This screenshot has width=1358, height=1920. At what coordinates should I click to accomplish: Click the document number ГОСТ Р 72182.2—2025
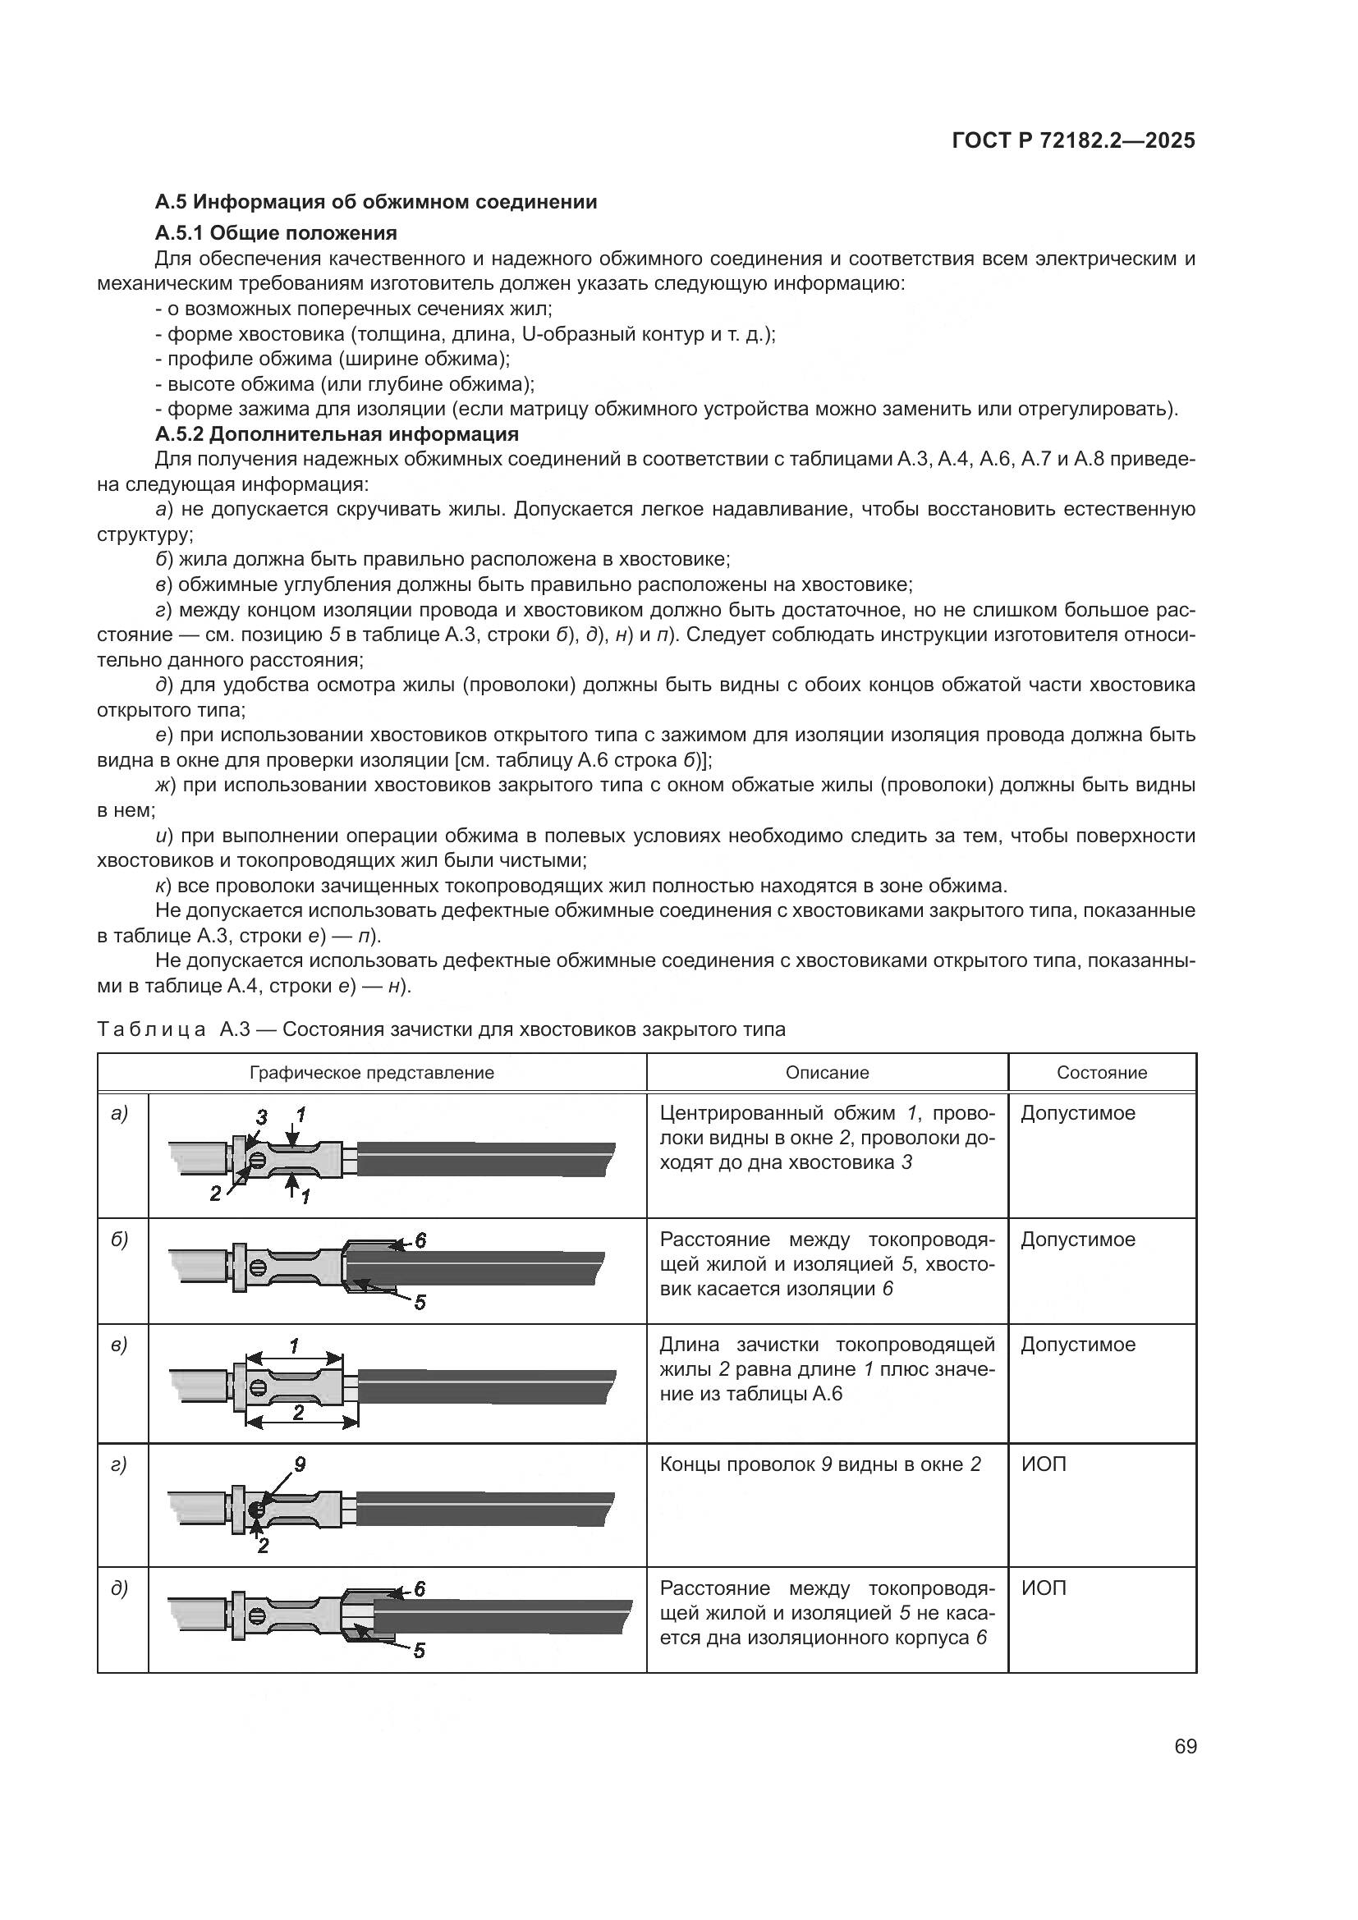[1074, 141]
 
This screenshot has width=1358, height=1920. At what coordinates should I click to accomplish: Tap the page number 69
[1185, 1747]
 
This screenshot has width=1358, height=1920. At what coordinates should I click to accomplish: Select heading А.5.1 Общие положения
[276, 232]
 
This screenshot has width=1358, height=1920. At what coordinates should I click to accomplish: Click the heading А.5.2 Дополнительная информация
[337, 434]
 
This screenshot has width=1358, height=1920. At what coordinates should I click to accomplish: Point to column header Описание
[827, 1073]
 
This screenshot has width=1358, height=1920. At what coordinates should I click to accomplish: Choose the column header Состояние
[1101, 1073]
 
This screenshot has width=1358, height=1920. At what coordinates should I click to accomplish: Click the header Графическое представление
[372, 1073]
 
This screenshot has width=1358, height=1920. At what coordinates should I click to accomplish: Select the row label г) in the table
[119, 1464]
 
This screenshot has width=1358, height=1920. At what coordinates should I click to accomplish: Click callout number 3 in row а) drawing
[261, 1117]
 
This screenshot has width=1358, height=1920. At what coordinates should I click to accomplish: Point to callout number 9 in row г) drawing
[300, 1464]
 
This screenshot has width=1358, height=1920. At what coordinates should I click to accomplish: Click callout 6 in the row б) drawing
[420, 1241]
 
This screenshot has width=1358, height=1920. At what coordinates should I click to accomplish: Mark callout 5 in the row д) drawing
[420, 1651]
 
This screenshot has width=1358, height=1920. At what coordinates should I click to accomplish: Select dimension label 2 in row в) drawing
[298, 1413]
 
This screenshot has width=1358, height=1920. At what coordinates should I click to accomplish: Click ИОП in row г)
[1044, 1465]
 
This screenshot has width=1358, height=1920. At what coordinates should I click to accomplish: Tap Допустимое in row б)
[1078, 1240]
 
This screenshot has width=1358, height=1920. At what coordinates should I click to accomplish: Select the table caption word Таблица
[151, 1029]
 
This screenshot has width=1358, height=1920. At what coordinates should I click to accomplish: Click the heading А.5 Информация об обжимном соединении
[376, 202]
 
